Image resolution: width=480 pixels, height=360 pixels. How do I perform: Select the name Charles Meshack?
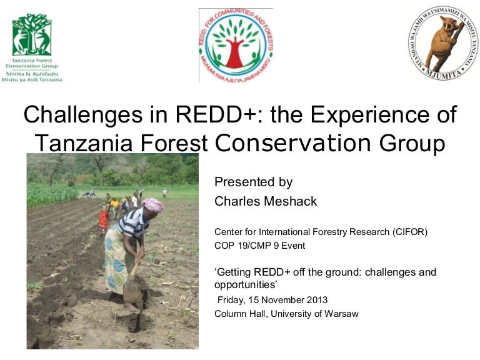[x=266, y=201]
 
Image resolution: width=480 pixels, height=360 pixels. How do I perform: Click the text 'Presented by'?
[x=253, y=182]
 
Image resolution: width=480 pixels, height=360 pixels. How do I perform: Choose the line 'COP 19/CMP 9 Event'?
[x=259, y=246]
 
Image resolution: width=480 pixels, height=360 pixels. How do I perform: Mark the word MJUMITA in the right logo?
[x=442, y=72]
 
